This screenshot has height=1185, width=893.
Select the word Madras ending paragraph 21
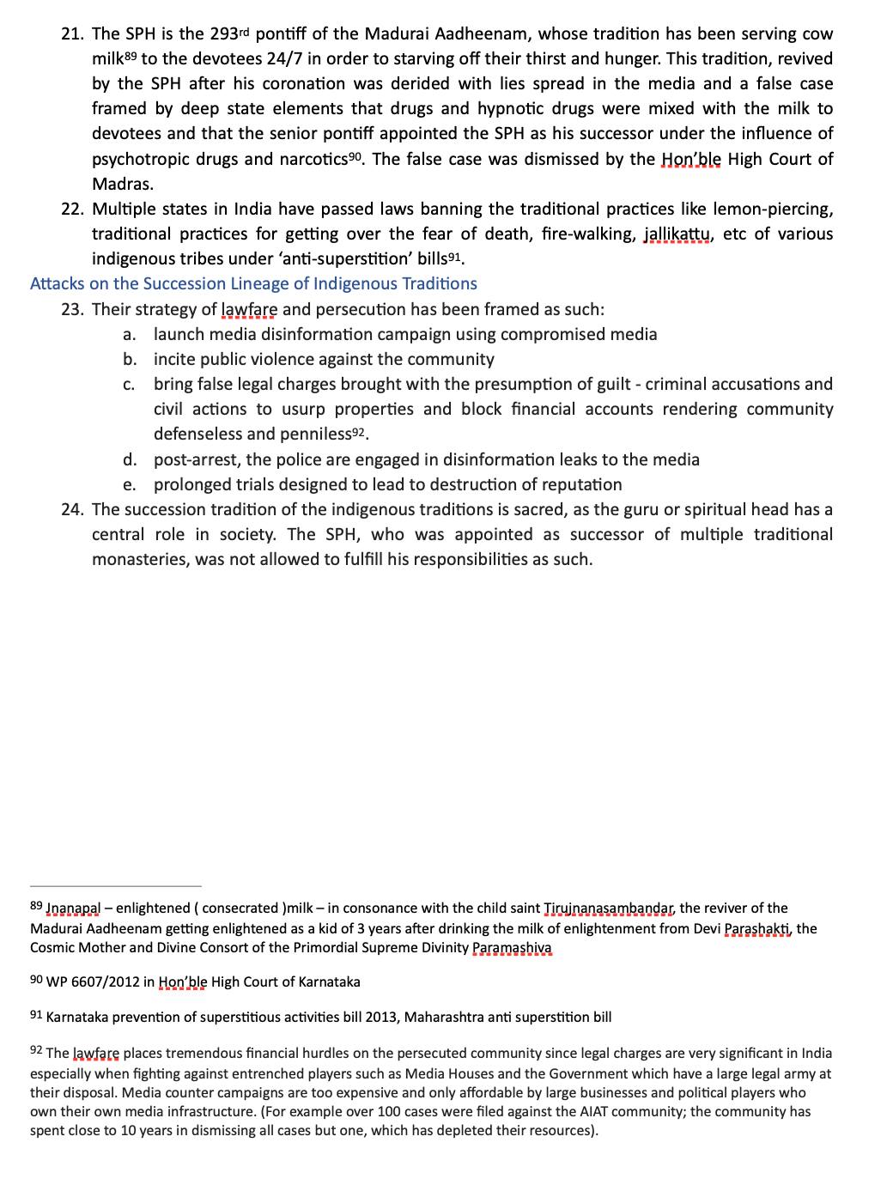tap(122, 184)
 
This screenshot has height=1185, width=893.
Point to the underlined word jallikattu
tap(677, 234)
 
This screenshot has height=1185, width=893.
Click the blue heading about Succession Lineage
tap(253, 283)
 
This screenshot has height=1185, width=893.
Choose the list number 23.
tap(72, 309)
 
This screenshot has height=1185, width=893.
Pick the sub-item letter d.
tap(130, 459)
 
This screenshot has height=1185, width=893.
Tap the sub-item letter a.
tap(129, 334)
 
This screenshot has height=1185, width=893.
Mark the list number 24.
tap(72, 509)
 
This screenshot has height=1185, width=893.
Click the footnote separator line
tap(115, 885)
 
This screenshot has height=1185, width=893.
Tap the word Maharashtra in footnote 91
tap(444, 1018)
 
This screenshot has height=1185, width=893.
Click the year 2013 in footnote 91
tap(384, 1018)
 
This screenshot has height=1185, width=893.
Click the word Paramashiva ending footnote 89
tap(512, 948)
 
